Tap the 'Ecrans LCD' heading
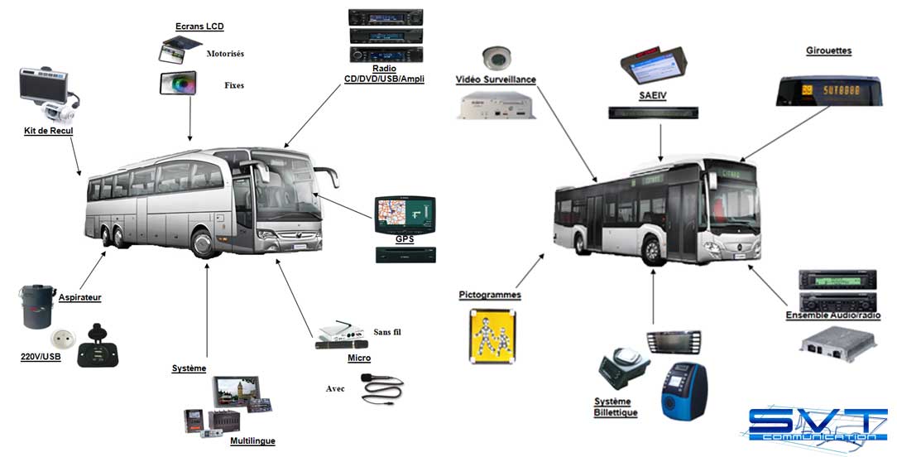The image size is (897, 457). (199, 26)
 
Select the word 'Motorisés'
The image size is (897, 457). (225, 54)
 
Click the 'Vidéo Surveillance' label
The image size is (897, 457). (496, 79)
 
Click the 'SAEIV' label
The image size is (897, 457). (653, 96)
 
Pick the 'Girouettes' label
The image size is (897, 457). (828, 51)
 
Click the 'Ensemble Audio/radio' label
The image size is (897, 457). (832, 315)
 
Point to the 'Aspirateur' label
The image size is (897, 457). (80, 297)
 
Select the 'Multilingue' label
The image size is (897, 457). (252, 441)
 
